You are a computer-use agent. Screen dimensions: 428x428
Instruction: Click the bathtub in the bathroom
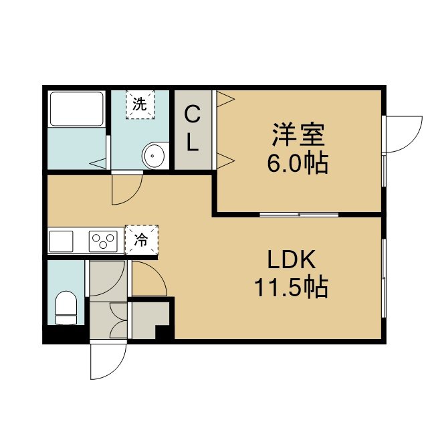pos(76,109)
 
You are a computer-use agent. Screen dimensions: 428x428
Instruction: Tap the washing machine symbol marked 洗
pos(140,105)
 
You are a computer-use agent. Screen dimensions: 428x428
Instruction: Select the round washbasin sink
pos(154,156)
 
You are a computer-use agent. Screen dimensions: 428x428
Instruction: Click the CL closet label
pos(193,128)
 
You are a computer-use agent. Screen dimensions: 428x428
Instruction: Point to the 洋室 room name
pos(298,135)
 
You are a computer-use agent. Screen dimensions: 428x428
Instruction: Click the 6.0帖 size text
pos(298,164)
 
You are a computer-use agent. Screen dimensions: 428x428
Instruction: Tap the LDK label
pos(292,259)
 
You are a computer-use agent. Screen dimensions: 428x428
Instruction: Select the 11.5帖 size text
pos(292,288)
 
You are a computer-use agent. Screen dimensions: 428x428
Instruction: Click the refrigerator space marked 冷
pos(141,240)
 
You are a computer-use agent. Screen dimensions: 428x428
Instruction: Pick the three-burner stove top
pos(103,241)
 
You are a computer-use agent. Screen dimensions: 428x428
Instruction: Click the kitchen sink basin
pos(61,241)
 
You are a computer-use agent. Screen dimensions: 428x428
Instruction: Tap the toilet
pos(66,308)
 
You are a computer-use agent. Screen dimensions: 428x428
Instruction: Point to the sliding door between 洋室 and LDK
pos(299,215)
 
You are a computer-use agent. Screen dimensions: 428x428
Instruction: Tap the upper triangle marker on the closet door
pos(226,99)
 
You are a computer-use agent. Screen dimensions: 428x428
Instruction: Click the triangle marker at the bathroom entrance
pos(98,163)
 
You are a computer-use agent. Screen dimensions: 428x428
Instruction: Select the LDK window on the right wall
pos(384,278)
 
